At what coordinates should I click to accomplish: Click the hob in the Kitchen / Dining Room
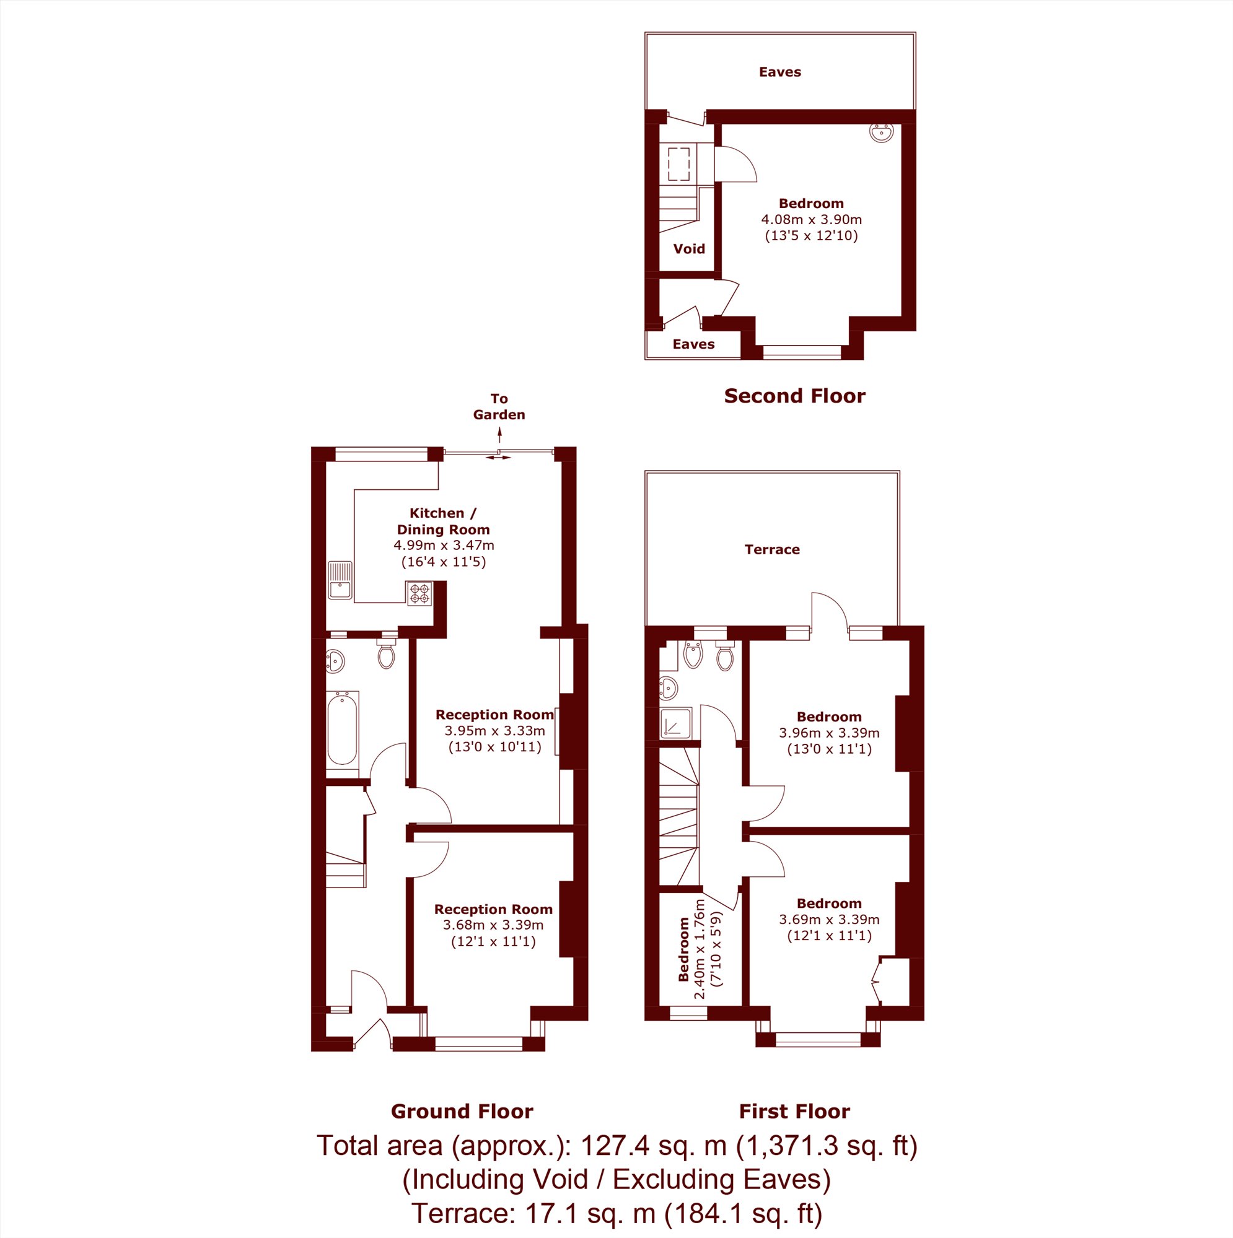point(419,593)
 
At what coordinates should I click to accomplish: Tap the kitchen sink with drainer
point(340,580)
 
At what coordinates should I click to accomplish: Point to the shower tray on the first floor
point(676,723)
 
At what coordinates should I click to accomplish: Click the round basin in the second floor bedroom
point(882,133)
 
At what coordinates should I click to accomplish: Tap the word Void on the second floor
point(688,248)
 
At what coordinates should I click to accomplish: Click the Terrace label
point(772,549)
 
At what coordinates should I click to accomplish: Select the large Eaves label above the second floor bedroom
point(779,72)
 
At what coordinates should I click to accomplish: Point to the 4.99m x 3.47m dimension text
point(444,546)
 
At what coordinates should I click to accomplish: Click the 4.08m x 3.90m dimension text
point(811,219)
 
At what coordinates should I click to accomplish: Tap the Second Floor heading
point(794,396)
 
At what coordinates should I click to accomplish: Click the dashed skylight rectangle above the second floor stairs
point(679,165)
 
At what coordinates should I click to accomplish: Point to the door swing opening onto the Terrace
point(830,609)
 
